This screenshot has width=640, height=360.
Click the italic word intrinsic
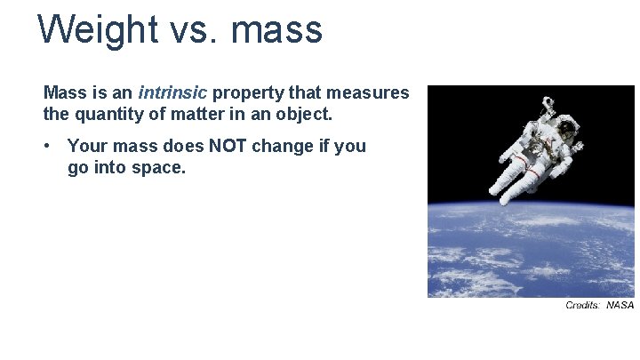172,92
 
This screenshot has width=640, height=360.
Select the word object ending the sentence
305,115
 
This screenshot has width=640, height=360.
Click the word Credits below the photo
583,306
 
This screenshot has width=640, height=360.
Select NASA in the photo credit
620,306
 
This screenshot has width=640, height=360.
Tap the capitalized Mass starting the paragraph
64,92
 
